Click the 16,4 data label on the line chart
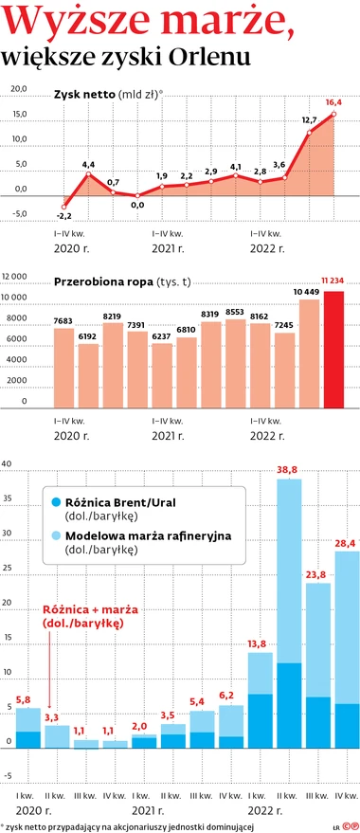pyautogui.click(x=335, y=102)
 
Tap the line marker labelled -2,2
pyautogui.click(x=63, y=208)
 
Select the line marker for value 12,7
pyautogui.click(x=309, y=133)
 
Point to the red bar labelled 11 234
pyautogui.click(x=334, y=350)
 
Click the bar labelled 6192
pyautogui.click(x=88, y=376)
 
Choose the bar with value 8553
pyautogui.click(x=236, y=364)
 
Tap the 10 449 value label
pyautogui.click(x=309, y=292)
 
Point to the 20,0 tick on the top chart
pyautogui.click(x=20, y=88)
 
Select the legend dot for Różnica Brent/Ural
pyautogui.click(x=55, y=501)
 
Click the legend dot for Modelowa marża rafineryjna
pyautogui.click(x=55, y=535)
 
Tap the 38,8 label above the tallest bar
pyautogui.click(x=288, y=470)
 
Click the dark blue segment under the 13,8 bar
pyautogui.click(x=260, y=721)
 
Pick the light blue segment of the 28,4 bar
pyautogui.click(x=347, y=627)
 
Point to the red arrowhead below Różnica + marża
pyautogui.click(x=49, y=704)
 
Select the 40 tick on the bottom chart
pyautogui.click(x=7, y=463)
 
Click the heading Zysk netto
pyautogui.click(x=84, y=95)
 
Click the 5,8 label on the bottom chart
pyautogui.click(x=24, y=699)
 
